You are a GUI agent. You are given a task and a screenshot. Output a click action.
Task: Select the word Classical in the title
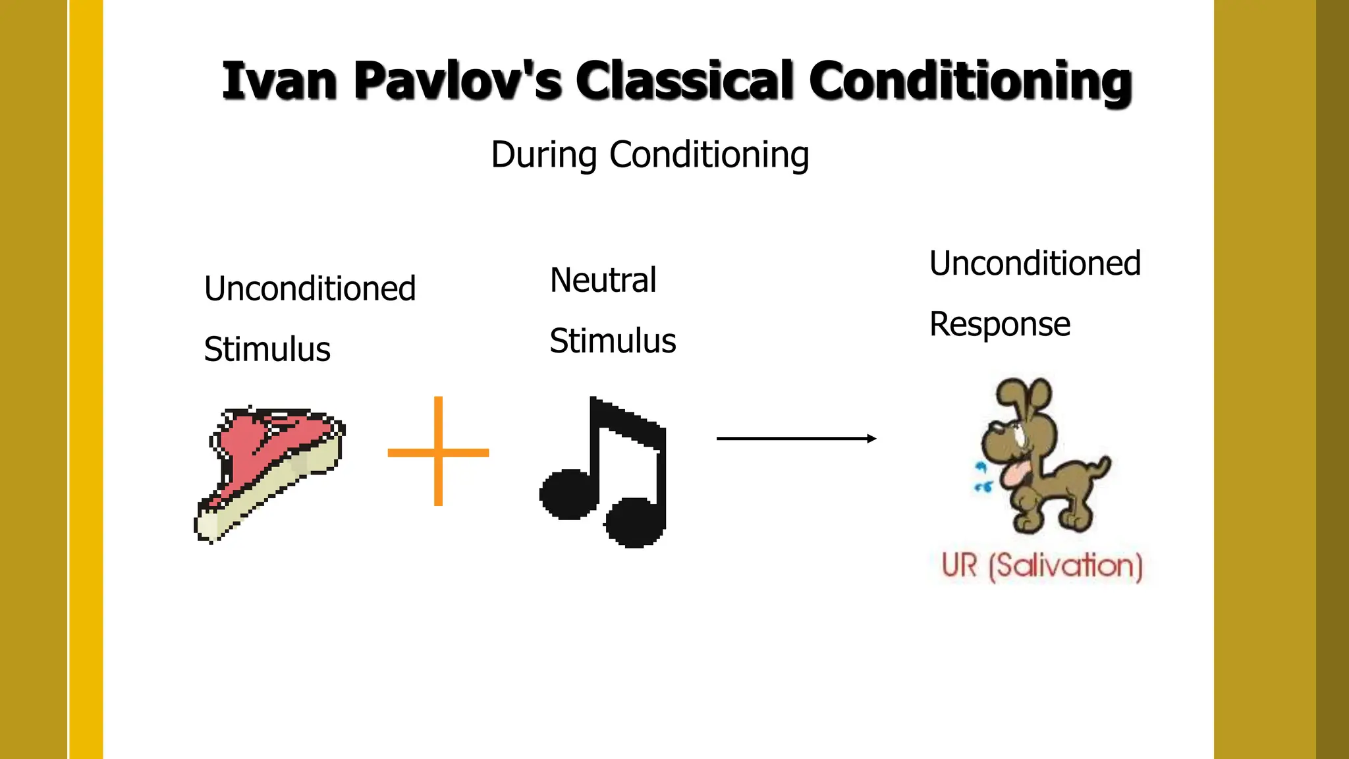pos(684,82)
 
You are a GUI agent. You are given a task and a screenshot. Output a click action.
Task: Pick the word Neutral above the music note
pos(603,281)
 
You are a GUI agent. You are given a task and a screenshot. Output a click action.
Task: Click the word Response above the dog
pos(999,324)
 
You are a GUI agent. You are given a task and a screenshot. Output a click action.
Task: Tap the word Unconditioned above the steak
pos(310,289)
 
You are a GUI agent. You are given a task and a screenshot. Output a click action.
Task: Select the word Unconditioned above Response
pos(1035,264)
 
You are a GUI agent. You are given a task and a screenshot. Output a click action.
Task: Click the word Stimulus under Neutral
pos(613,341)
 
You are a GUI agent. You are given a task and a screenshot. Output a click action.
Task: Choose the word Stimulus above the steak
pos(267,349)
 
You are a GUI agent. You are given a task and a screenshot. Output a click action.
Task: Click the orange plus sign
pos(438,452)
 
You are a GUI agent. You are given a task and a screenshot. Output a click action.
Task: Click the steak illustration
pos(270,471)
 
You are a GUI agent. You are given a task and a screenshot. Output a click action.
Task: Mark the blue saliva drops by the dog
pos(982,478)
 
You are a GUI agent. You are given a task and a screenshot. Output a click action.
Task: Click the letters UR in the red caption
pos(960,565)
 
